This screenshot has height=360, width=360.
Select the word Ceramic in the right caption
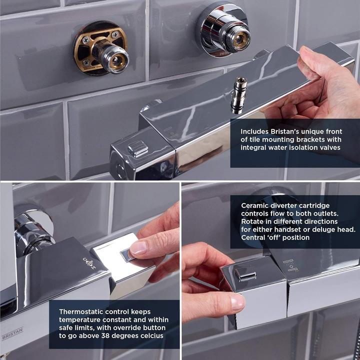[256, 205]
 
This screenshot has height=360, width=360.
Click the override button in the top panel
[137, 148]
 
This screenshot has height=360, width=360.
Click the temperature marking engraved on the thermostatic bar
[89, 263]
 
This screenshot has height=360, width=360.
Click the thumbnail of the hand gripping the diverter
[235, 302]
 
